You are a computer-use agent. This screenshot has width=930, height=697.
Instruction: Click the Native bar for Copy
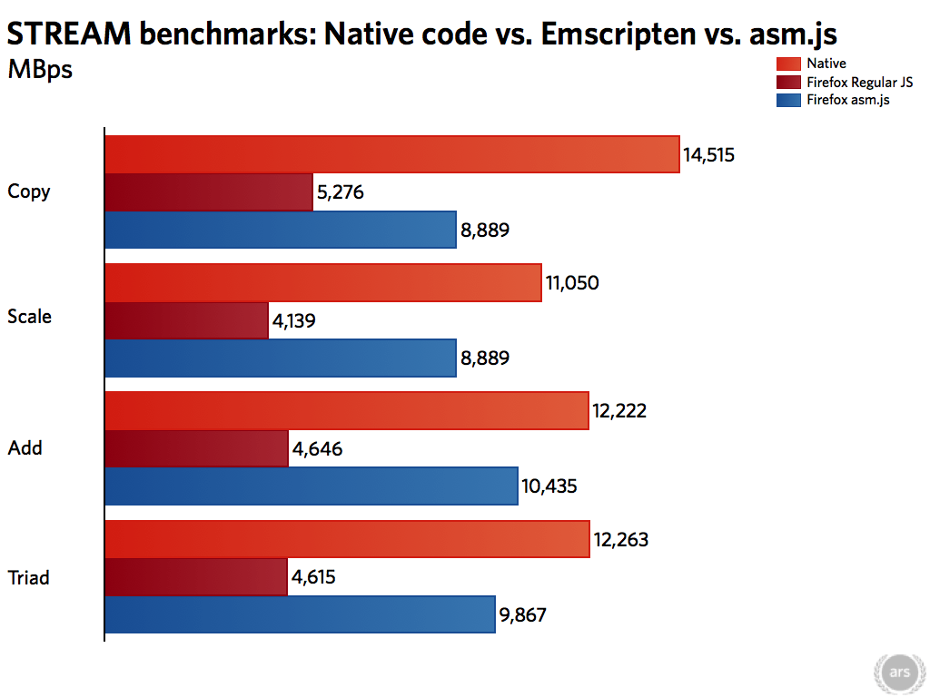coord(392,154)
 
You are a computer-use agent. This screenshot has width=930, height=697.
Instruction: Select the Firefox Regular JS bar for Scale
coord(187,320)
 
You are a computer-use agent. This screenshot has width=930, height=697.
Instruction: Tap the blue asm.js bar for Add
coord(312,486)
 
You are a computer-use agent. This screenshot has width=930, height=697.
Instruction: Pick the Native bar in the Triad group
coord(347,539)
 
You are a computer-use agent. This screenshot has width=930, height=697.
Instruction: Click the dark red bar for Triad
coord(196,577)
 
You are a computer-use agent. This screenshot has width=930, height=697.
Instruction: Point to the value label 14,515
coord(708,154)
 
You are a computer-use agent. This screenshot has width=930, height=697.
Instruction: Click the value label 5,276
coord(341,192)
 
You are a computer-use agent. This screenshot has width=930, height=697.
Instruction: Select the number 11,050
coord(572,282)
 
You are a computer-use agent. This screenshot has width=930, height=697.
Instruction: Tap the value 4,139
coord(295,320)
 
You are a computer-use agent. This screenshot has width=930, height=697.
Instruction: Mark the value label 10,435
coord(549,486)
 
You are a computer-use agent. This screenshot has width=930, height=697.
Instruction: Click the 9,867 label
coord(523,615)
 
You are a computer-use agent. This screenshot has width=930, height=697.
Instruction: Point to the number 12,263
coord(620,540)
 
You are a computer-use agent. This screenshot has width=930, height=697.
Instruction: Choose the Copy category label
coord(29,191)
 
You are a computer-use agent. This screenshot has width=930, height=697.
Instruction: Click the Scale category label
coord(30,317)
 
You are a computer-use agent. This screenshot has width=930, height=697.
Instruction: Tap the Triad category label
coord(29,577)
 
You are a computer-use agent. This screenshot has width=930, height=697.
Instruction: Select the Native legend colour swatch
coord(788,64)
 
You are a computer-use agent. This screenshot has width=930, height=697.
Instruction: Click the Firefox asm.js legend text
coord(847,100)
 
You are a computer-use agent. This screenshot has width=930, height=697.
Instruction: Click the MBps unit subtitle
coord(40,70)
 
